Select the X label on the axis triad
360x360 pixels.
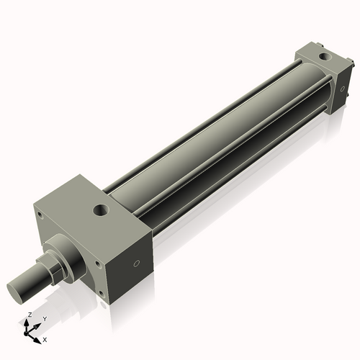click(45, 338)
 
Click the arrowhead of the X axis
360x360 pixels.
click(38, 336)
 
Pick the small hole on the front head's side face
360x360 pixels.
click(137, 264)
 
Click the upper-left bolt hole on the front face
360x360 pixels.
click(40, 215)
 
